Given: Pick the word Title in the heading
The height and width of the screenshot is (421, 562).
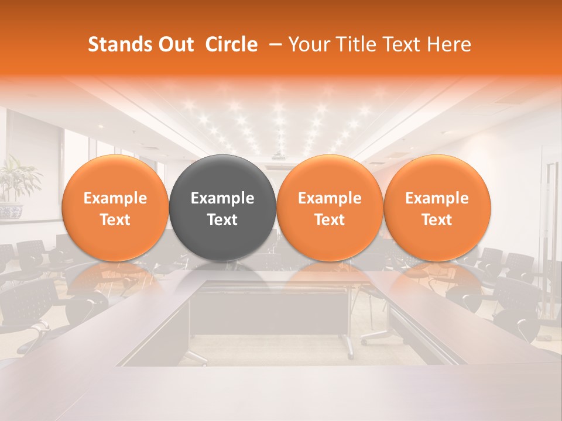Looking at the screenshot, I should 356,44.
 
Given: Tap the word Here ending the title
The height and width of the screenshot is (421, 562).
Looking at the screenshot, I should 450,44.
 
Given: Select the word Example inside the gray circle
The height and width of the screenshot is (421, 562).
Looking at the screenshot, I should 222,198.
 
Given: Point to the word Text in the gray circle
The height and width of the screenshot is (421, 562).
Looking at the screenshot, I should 222,220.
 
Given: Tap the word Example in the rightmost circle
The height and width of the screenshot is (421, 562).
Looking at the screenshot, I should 437,198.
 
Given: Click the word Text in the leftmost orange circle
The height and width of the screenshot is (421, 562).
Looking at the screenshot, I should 115,220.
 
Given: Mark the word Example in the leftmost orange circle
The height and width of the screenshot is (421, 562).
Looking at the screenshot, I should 115,198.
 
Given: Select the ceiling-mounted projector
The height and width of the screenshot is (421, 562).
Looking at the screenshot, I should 279,156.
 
